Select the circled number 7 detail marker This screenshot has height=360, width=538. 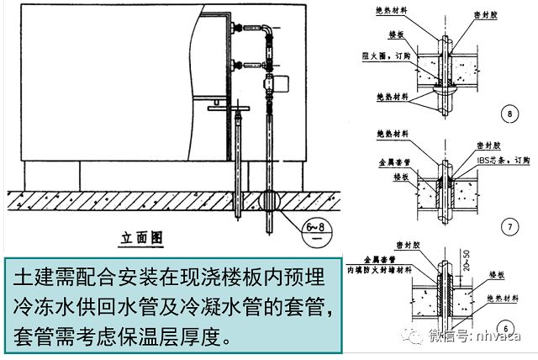[x=507, y=225]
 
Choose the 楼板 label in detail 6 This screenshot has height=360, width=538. [x=497, y=274]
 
